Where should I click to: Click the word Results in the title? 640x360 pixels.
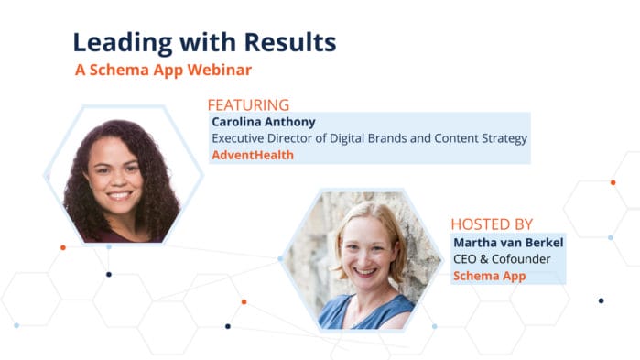click(x=291, y=41)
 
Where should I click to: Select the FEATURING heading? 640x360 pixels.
click(x=248, y=104)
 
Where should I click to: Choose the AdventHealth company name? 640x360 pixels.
click(x=253, y=155)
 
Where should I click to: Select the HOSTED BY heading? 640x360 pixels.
click(x=492, y=224)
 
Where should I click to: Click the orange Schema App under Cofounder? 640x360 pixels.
click(x=489, y=275)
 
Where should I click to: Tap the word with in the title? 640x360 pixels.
click(x=212, y=41)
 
